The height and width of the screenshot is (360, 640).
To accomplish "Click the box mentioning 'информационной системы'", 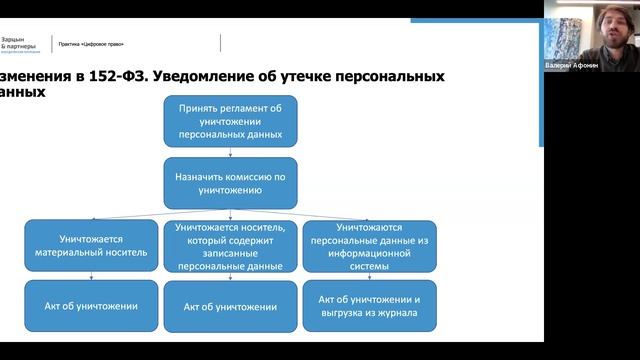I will click(x=368, y=247).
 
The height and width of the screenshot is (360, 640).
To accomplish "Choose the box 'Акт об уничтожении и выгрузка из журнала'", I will click(x=368, y=306).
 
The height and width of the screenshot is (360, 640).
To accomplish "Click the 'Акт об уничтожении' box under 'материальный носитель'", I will click(x=89, y=306).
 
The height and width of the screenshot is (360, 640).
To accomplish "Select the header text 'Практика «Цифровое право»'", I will click(x=98, y=45).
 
